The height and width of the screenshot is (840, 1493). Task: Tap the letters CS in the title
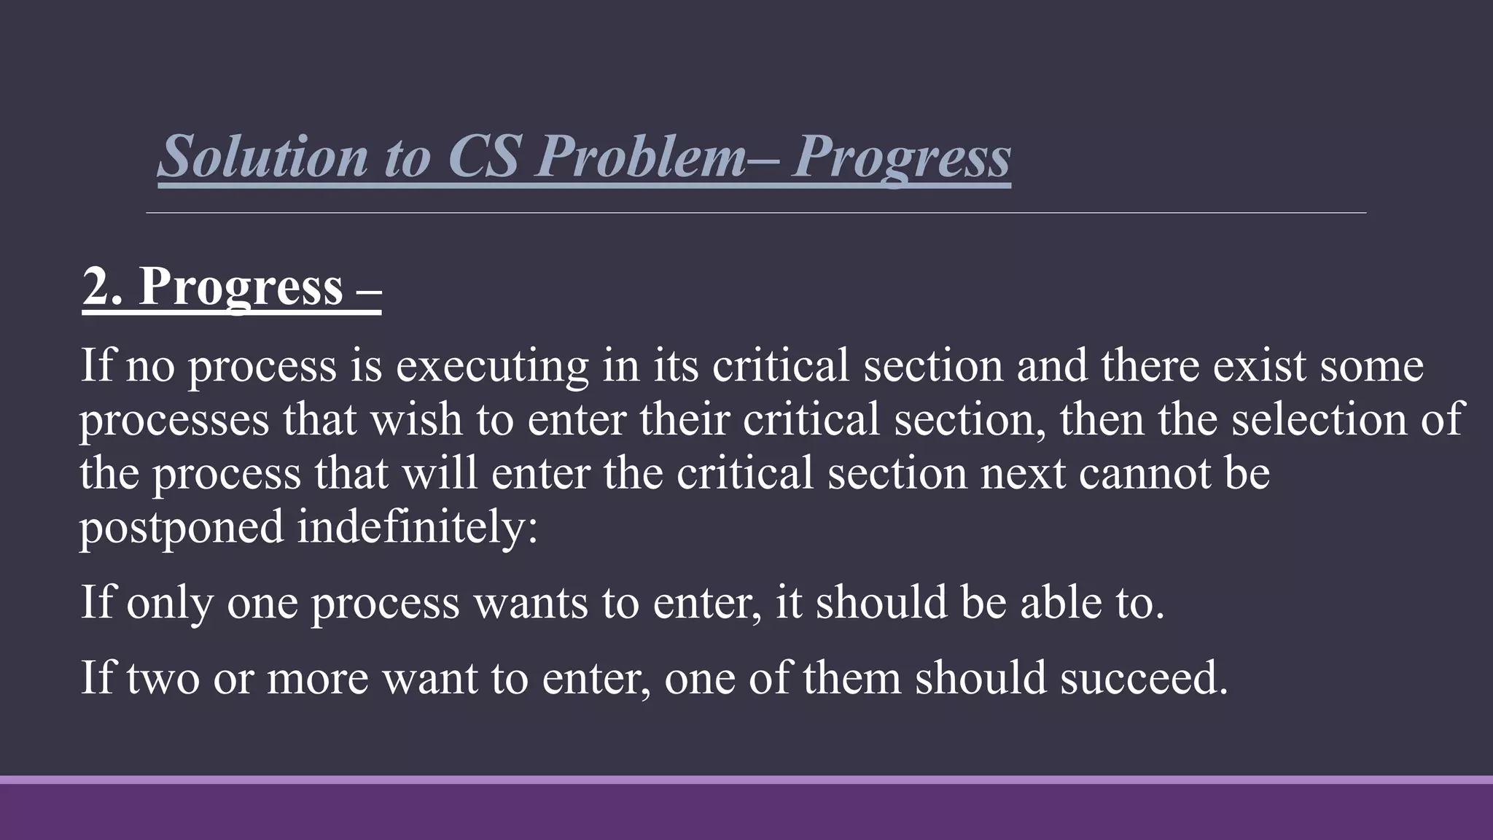(x=483, y=156)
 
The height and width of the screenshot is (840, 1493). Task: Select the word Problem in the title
(x=641, y=156)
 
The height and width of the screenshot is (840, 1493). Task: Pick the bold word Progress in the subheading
(x=241, y=287)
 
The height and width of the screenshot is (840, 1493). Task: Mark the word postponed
(x=182, y=527)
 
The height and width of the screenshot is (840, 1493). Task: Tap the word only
(x=169, y=603)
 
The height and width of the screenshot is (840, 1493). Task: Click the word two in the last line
(x=163, y=678)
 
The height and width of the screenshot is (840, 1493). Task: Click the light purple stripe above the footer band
(x=746, y=779)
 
